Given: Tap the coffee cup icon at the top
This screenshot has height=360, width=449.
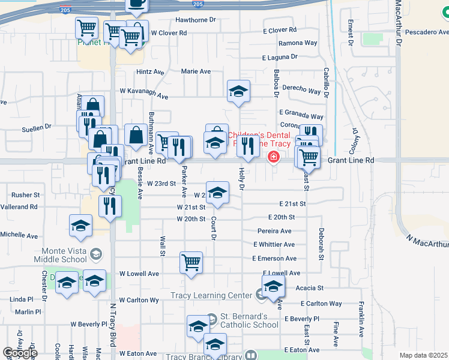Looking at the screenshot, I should tap(137, 4).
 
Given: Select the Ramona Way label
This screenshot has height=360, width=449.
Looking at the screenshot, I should tap(298, 43).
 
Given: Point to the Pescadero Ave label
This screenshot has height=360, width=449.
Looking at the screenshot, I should tap(426, 32).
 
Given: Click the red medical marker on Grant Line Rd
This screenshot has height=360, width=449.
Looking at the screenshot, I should tap(273, 157).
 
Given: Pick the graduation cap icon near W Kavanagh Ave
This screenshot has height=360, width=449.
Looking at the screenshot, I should tap(238, 91).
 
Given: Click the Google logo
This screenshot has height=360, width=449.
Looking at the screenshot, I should tap(20, 352).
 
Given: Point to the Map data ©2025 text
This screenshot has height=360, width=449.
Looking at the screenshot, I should tap(423, 355).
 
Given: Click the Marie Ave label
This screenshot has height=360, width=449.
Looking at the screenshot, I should tap(196, 71).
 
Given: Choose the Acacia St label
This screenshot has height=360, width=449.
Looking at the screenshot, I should tap(310, 289).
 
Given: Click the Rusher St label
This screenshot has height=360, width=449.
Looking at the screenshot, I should tap(25, 195).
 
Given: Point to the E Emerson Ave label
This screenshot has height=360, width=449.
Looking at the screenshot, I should tap(275, 259).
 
